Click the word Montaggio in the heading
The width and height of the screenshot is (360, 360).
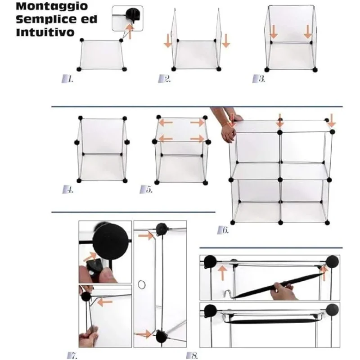[52, 6]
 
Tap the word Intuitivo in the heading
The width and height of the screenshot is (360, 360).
[45, 32]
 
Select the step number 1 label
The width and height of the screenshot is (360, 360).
[67, 79]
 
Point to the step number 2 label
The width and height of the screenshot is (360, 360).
[164, 79]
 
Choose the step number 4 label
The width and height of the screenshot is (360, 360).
[68, 189]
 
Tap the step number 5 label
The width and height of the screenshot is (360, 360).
[146, 189]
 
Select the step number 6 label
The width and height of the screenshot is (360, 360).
[223, 230]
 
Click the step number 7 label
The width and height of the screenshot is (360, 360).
[72, 355]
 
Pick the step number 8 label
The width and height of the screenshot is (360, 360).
[192, 355]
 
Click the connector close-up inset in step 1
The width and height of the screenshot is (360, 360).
[127, 18]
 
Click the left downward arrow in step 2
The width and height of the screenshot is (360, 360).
[168, 40]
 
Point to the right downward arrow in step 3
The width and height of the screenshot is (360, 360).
[308, 31]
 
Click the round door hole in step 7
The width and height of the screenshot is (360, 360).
[142, 284]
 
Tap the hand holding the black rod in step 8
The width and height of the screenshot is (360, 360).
[283, 291]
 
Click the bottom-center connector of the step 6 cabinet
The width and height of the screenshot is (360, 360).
[280, 222]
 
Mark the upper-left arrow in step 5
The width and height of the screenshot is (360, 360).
[166, 122]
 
